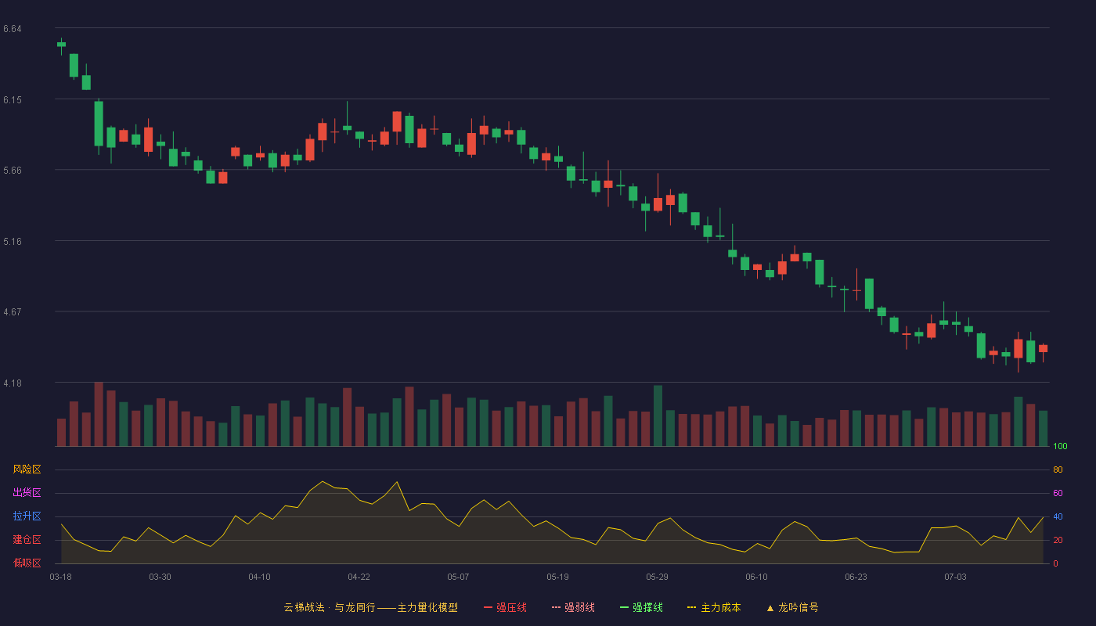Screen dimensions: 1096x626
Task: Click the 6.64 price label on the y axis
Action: (13, 29)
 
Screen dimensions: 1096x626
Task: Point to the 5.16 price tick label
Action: (13, 242)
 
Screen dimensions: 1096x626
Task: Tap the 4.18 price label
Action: (13, 383)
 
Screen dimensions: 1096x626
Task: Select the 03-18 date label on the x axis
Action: (61, 577)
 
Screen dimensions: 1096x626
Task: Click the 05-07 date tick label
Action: (458, 577)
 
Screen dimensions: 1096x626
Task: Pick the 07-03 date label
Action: (955, 577)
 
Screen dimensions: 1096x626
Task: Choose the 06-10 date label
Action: (756, 577)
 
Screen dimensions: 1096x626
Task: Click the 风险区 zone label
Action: (27, 469)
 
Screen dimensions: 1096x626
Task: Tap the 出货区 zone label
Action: (27, 492)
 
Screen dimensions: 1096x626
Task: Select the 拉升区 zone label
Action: (27, 516)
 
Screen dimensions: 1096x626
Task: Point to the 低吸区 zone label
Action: (27, 563)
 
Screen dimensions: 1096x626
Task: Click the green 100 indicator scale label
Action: (1060, 446)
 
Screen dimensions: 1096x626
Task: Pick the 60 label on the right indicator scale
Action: (1058, 493)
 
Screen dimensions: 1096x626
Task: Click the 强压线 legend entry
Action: (505, 607)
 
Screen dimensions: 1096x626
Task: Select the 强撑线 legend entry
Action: (641, 607)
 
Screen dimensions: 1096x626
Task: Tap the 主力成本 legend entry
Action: (714, 607)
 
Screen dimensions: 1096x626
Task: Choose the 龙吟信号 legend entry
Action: (792, 607)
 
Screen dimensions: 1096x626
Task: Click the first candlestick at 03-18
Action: (61, 45)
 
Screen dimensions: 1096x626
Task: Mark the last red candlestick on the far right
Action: (1043, 349)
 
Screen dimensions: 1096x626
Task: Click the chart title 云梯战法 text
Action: (305, 607)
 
